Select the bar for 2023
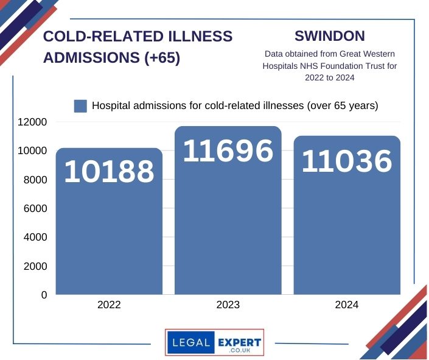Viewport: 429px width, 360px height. (228, 231)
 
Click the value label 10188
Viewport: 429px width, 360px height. (110, 172)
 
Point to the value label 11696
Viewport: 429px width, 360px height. (228, 151)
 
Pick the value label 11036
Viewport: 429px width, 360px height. (347, 161)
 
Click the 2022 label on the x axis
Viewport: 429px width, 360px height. (110, 305)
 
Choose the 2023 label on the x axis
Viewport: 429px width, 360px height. (228, 305)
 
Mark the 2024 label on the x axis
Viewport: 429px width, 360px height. (347, 305)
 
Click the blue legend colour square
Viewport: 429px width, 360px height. (80, 106)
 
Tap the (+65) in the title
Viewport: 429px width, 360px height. (159, 58)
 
